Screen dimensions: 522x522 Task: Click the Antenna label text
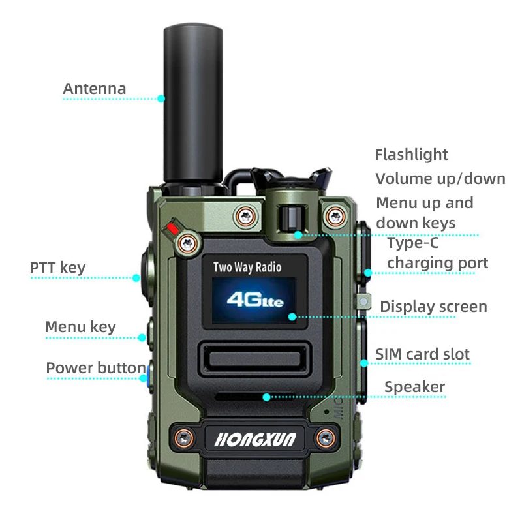95,89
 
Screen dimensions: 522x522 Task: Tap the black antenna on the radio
194,98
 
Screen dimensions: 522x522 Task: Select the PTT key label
57,268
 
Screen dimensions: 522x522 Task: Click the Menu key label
80,327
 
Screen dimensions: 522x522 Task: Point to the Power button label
95,368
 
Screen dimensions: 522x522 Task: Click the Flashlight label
411,155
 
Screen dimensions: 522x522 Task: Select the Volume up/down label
440,179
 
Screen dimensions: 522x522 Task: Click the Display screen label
433,307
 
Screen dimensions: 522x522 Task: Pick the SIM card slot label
422,354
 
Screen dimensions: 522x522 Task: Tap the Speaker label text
414,387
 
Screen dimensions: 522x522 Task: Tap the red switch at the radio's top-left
173,228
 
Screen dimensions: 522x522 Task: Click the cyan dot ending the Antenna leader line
161,99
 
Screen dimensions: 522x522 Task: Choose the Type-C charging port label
437,253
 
